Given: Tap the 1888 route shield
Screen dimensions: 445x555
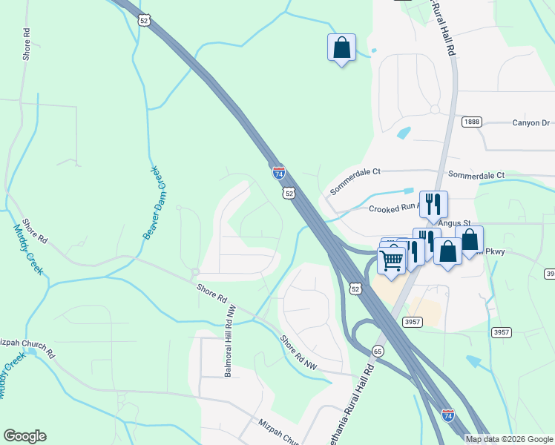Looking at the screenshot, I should (471, 122).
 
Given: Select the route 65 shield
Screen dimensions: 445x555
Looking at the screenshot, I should (378, 350).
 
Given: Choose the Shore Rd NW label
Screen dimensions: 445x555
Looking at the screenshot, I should (298, 353).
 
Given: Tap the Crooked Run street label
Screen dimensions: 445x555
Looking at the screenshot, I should (393, 208).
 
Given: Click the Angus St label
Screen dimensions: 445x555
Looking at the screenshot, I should (454, 222).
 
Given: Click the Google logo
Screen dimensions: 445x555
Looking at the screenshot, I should (24, 436).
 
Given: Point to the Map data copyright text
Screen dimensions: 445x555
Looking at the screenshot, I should (509, 439).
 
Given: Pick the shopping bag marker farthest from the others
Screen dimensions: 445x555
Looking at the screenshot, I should (341, 47).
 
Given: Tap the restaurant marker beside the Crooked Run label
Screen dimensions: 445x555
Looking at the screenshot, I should (433, 204).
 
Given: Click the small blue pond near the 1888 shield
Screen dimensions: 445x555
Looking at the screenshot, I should (404, 133).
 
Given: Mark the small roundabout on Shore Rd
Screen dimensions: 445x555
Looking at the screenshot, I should (194, 271).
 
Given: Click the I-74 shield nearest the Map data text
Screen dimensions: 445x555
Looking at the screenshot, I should (447, 416).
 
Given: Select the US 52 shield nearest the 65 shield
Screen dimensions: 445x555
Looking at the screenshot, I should (356, 289).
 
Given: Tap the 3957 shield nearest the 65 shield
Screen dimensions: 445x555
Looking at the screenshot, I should (413, 321).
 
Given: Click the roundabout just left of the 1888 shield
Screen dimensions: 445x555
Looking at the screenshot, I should (435, 110).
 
